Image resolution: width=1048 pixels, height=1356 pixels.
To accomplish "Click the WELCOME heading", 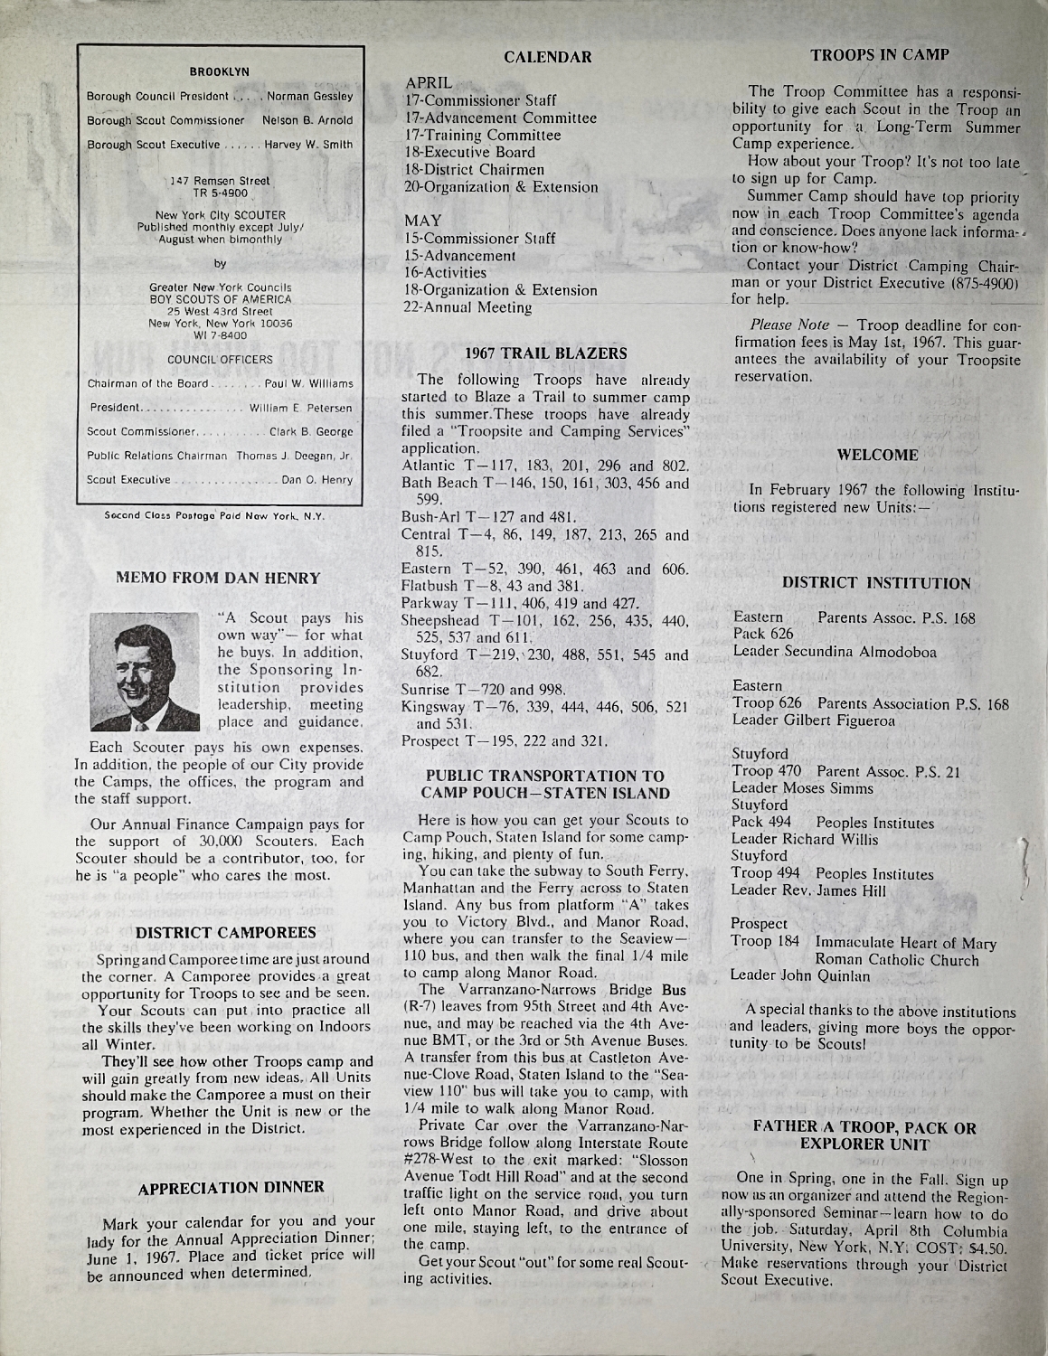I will coord(878,455).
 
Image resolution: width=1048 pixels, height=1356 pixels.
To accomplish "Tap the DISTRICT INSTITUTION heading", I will coord(877,584).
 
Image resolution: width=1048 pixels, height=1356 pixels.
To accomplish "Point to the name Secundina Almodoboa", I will coord(856,651).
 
